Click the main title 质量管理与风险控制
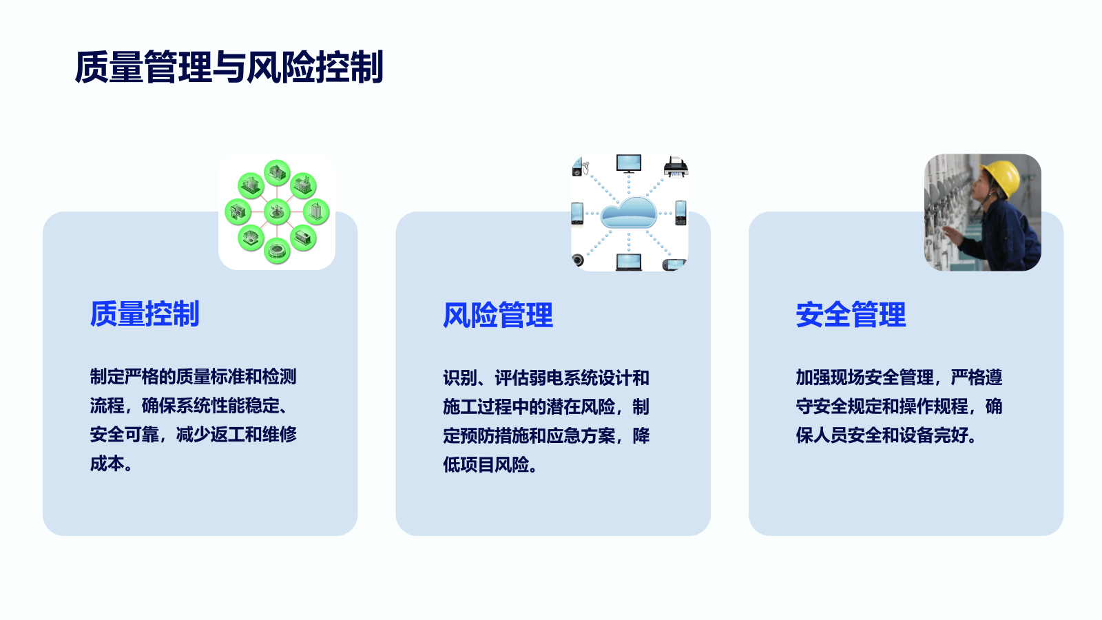click(x=229, y=67)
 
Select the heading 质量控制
click(x=145, y=313)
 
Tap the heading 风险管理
click(x=498, y=315)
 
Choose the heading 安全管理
click(x=851, y=315)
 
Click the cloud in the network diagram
click(x=629, y=213)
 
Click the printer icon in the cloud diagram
click(x=676, y=167)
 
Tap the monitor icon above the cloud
click(x=629, y=163)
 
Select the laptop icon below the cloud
click(x=629, y=262)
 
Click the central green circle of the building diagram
click(x=277, y=212)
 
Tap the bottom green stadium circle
click(x=277, y=251)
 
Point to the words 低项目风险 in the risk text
click(x=486, y=464)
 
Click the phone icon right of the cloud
click(x=680, y=213)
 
